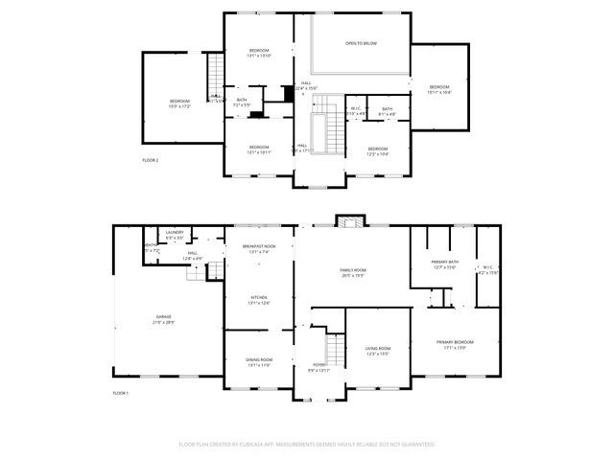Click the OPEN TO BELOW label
(x=360, y=44)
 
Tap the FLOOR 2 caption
(x=150, y=160)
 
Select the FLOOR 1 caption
(x=120, y=394)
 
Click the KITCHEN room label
(x=259, y=300)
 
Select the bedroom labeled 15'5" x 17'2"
(x=180, y=103)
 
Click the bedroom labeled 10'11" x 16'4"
(x=439, y=90)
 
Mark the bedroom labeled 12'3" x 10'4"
(x=378, y=150)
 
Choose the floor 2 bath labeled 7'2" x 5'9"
(x=241, y=102)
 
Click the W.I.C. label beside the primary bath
(x=487, y=270)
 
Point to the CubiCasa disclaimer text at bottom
(x=307, y=445)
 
